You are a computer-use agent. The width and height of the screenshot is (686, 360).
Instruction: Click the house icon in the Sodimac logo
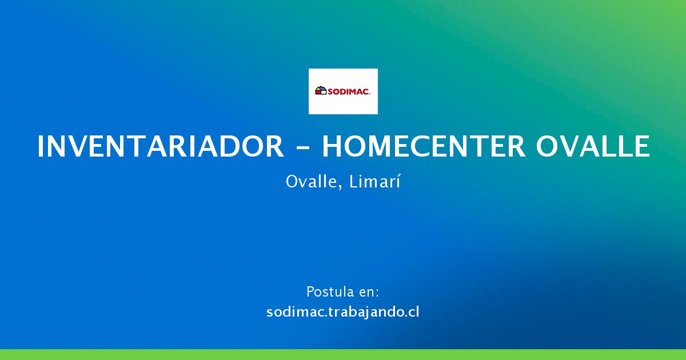tap(321, 90)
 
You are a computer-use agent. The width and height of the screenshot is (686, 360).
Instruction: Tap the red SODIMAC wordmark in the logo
tap(349, 91)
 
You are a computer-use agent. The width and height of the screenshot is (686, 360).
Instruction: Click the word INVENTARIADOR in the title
tap(161, 146)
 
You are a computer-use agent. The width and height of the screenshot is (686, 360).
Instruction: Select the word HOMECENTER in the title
tap(424, 146)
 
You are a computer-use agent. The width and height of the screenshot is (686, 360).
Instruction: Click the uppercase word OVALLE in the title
tap(593, 146)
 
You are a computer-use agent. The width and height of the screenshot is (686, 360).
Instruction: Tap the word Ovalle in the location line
tap(312, 182)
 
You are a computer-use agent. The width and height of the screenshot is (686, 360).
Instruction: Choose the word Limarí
tap(375, 181)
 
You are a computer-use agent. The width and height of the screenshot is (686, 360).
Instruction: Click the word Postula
tap(329, 292)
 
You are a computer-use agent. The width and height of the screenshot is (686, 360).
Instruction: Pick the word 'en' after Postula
tap(366, 293)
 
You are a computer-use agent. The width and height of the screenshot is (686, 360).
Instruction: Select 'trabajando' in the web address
tap(367, 313)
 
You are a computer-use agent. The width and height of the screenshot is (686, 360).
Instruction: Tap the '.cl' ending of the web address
tap(412, 312)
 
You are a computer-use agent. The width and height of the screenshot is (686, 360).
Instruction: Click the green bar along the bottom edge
tap(343, 354)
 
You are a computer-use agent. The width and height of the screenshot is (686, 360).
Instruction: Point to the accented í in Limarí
tap(398, 181)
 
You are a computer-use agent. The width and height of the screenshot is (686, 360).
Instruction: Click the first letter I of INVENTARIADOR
tap(40, 146)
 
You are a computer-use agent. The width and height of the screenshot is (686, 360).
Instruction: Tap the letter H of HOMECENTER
tap(332, 146)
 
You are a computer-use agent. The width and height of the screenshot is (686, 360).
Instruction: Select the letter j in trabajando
tap(366, 314)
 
